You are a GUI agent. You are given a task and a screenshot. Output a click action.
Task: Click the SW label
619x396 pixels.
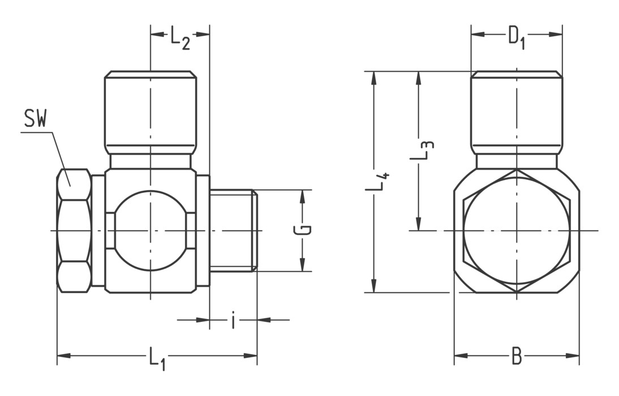pos(35,119)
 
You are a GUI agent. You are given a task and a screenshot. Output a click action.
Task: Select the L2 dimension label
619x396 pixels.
pos(180,39)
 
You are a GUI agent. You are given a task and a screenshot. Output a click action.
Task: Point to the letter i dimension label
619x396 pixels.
pos(233,320)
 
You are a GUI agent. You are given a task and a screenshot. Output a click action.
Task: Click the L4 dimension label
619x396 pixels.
pos(377,182)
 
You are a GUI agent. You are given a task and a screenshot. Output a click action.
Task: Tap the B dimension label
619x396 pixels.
pos(516,356)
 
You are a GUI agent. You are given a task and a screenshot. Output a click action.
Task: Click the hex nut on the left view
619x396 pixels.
pos(74,231)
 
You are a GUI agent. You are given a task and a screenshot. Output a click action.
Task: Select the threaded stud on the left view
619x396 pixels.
pos(233,230)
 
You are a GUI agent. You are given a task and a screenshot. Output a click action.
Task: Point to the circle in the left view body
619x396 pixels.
pos(151,231)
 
